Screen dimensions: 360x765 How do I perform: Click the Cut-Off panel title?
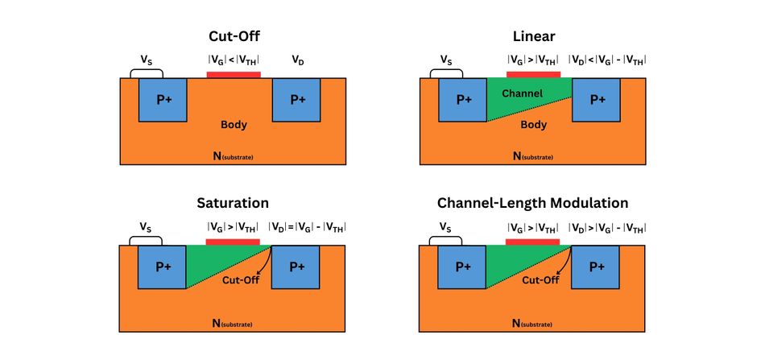(233, 36)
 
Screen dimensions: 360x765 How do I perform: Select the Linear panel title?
(533, 36)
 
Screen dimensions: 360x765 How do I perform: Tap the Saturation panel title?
(233, 203)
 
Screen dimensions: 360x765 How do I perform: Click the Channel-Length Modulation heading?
(533, 203)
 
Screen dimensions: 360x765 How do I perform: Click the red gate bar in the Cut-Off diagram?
(234, 75)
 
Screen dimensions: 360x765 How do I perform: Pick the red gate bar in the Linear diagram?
(533, 75)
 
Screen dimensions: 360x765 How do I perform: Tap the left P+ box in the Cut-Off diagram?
(163, 100)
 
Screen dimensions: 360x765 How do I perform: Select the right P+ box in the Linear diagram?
(597, 100)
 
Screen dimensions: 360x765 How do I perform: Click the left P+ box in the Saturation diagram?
(163, 267)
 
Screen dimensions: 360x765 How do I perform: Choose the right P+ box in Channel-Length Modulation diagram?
(597, 267)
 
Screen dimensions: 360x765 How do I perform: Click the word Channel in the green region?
(522, 93)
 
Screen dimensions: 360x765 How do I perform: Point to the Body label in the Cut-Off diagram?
(234, 125)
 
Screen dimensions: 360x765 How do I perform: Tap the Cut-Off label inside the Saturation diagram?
(242, 280)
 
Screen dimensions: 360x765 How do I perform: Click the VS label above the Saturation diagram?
(146, 226)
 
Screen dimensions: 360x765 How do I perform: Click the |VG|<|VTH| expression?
(234, 60)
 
